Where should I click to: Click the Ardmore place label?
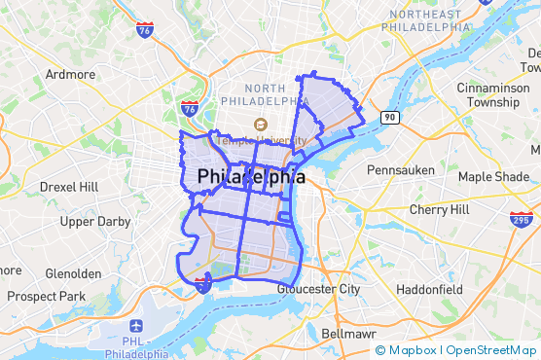70,74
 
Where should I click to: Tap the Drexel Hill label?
69,186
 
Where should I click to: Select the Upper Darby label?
95,222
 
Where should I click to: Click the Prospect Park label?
46,295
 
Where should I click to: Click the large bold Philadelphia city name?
251,177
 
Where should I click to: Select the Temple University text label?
261,140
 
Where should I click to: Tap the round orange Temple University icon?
260,124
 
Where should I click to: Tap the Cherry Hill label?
439,209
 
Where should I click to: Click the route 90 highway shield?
389,118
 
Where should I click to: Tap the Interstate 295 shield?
522,220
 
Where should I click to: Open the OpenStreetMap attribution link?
491,350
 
